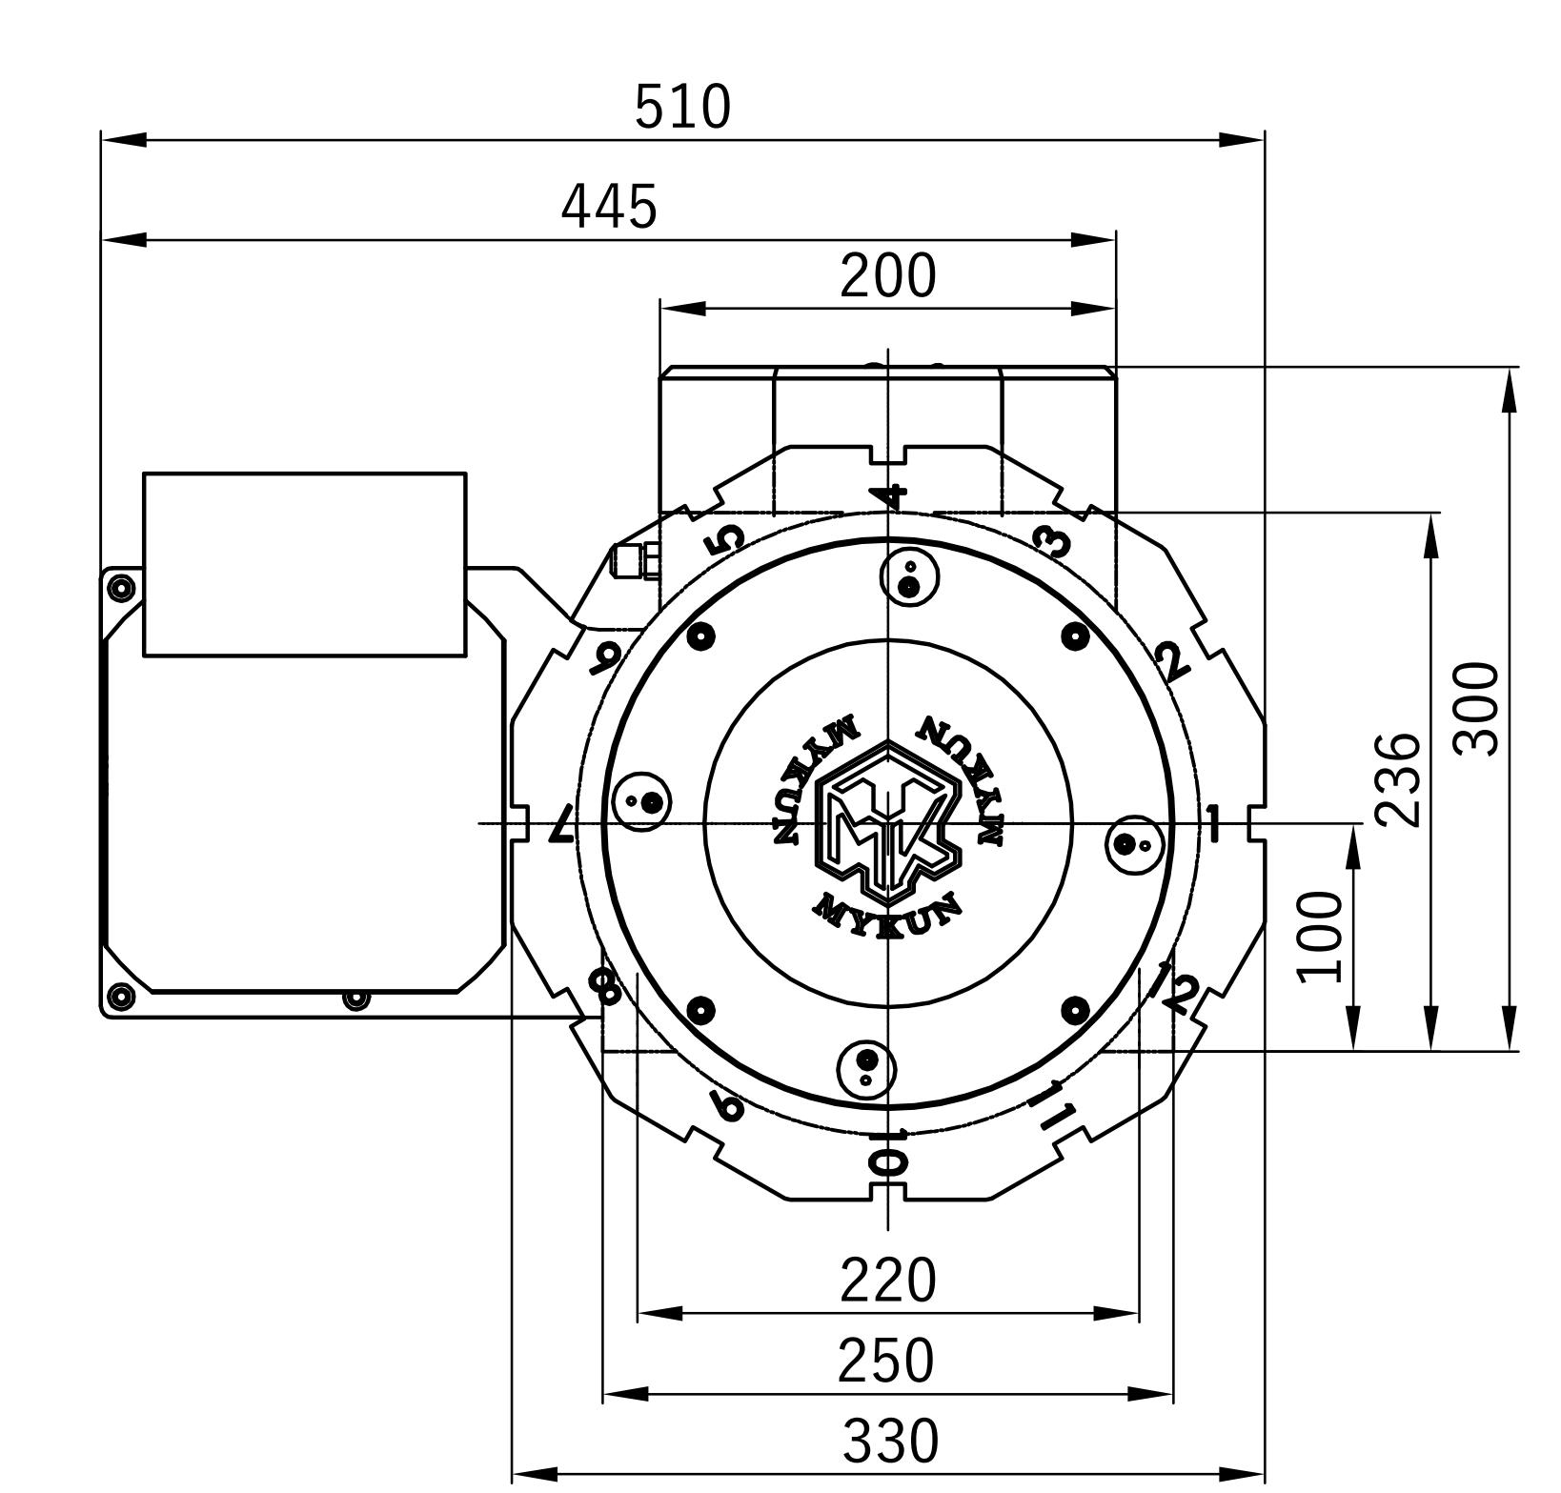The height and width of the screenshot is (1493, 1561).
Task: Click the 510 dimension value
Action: click(x=682, y=107)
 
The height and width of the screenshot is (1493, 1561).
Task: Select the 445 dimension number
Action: click(x=609, y=207)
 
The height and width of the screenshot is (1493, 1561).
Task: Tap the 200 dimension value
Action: click(x=887, y=276)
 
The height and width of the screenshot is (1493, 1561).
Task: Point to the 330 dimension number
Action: click(x=890, y=1442)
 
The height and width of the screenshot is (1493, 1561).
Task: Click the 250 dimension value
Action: click(x=886, y=1361)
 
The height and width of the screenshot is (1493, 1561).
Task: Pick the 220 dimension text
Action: click(x=887, y=1281)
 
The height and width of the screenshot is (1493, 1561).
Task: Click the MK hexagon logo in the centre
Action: click(x=887, y=822)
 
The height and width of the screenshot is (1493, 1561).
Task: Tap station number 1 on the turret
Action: click(x=1212, y=822)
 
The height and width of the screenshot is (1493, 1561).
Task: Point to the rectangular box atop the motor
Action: click(x=305, y=564)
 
